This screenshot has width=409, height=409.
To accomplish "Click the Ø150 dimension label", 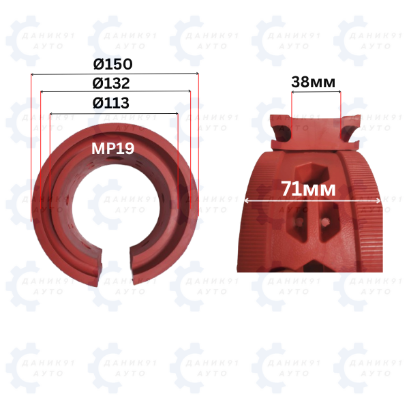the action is click(x=112, y=64).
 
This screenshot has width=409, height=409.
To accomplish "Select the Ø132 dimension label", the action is click(x=111, y=83).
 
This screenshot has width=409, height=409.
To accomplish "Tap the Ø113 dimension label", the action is click(x=111, y=103).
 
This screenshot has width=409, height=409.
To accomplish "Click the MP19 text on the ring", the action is click(x=112, y=149).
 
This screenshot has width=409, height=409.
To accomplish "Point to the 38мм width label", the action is click(x=313, y=82).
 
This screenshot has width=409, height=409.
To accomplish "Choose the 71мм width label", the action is click(x=309, y=189).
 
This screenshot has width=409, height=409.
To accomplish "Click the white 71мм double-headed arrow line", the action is click(x=312, y=201).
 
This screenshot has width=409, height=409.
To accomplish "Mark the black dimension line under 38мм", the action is click(x=316, y=92).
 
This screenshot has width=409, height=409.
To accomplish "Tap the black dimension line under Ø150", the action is click(x=115, y=74).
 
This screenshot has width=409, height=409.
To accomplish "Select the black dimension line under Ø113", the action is click(x=114, y=114).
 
